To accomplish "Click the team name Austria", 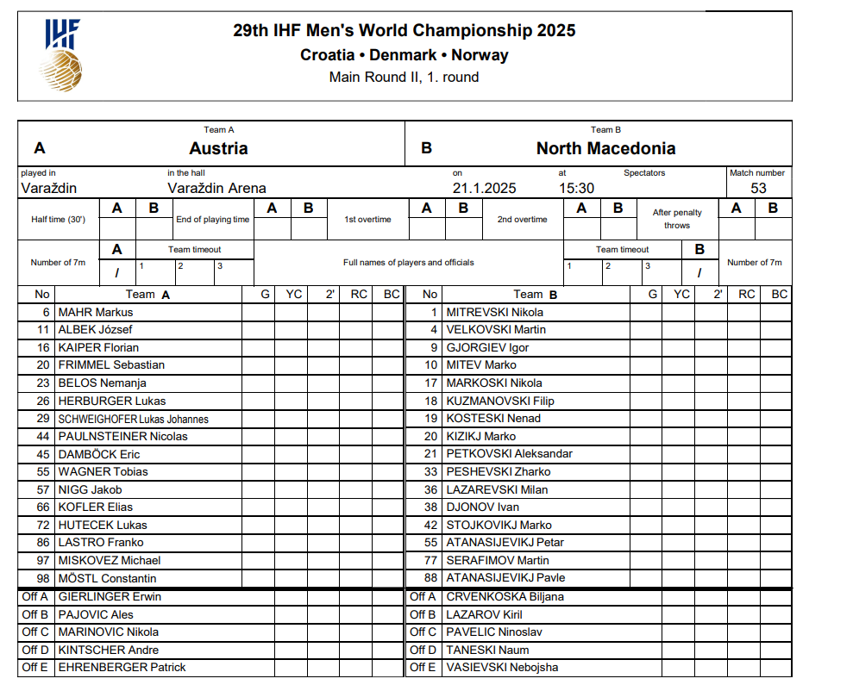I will click(x=218, y=148).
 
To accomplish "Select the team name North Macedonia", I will click(x=605, y=148).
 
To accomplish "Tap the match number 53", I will click(x=758, y=188).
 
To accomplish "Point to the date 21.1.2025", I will click(x=484, y=188).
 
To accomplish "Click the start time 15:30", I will click(x=576, y=188).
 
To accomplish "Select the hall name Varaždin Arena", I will click(x=216, y=188).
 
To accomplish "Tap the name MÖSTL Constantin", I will click(x=107, y=578).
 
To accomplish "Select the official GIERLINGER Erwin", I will click(x=110, y=596).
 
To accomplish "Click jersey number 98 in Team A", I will click(x=43, y=578).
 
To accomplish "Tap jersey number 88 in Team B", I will click(x=431, y=578).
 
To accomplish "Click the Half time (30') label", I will click(x=59, y=220).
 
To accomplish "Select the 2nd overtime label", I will click(x=522, y=220).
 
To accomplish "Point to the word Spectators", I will click(x=644, y=173).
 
